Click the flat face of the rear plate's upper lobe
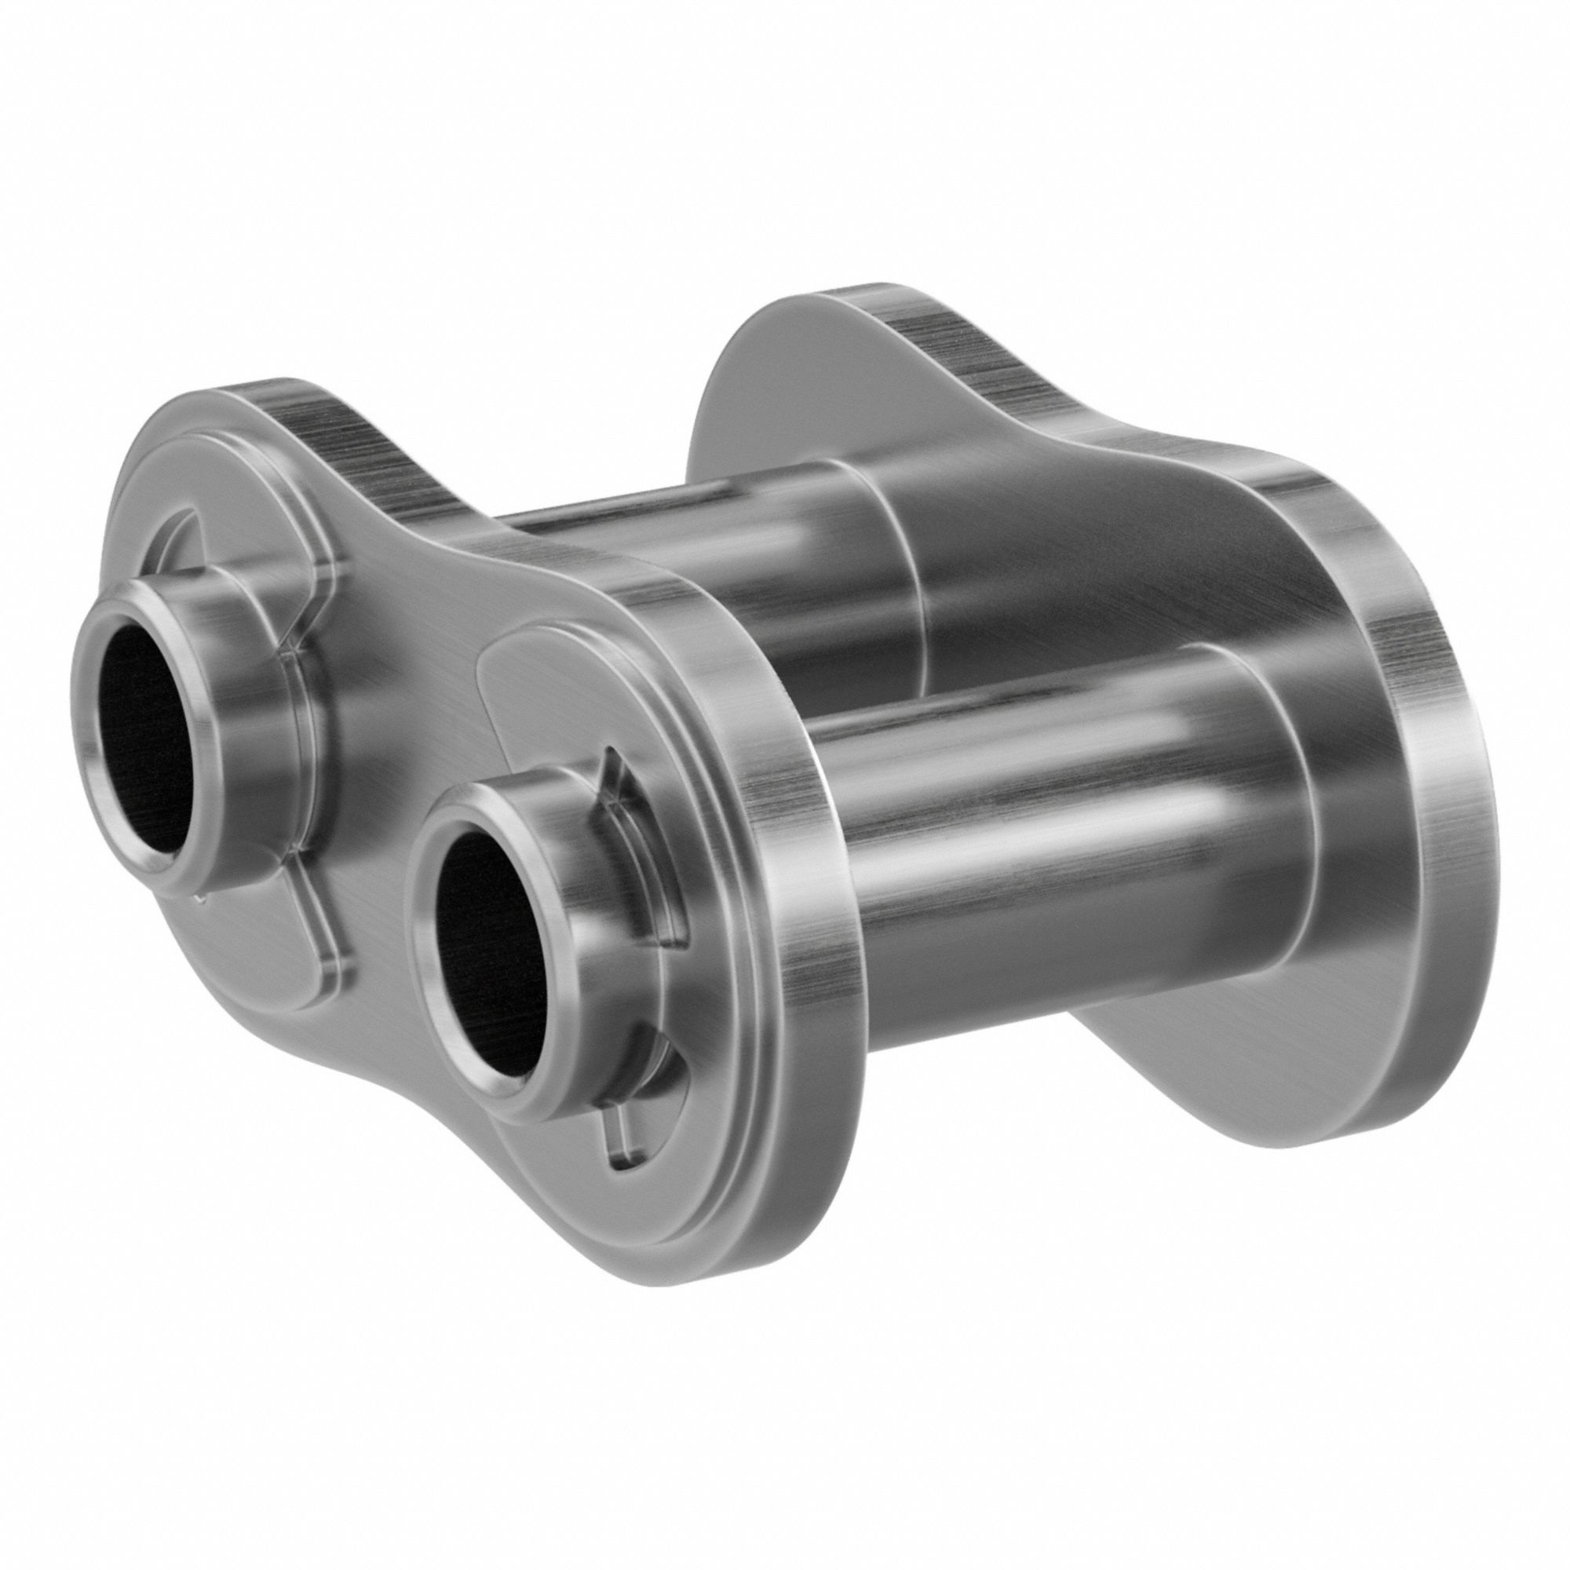[x=772, y=382]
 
